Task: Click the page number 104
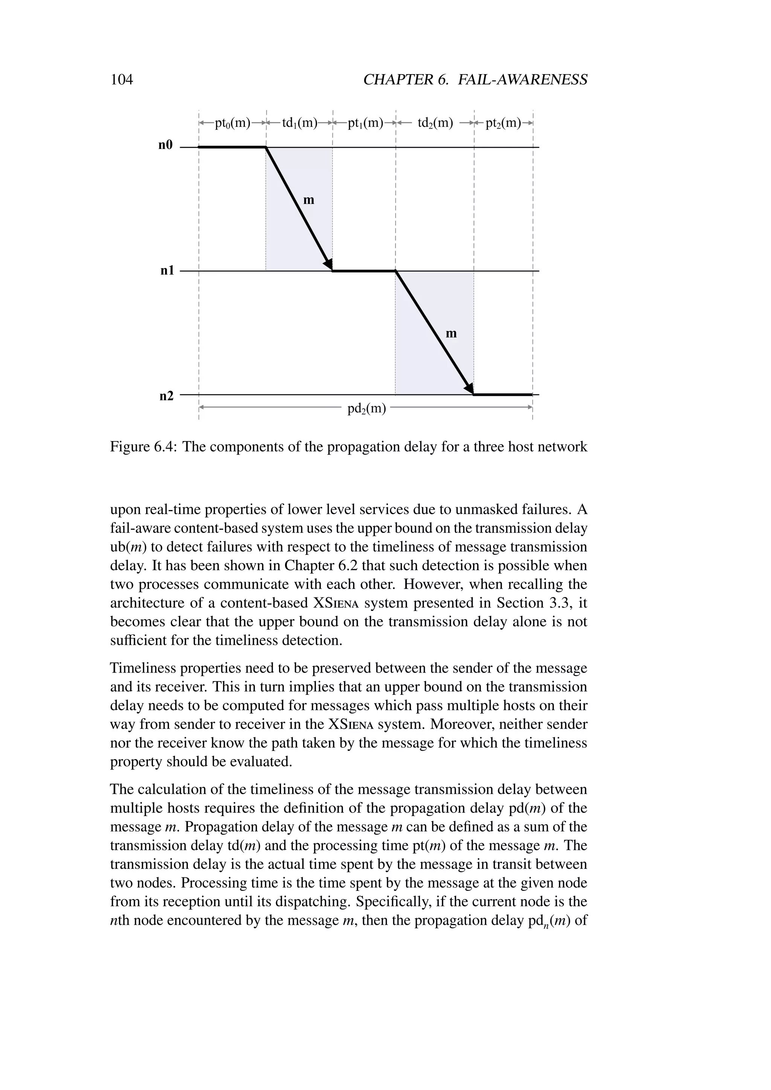coord(122,79)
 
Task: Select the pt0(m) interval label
coord(232,123)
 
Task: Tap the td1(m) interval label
coord(300,123)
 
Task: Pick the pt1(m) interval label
coord(365,123)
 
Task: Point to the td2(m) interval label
coord(435,123)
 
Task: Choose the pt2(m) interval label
coord(503,123)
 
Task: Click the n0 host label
coord(166,145)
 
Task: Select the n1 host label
coord(167,271)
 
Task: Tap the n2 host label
coord(166,396)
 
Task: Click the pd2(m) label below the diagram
coord(367,408)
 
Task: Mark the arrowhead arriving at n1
coord(328,263)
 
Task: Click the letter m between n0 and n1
coord(309,200)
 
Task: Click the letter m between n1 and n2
coord(451,334)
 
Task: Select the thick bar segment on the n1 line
coord(364,271)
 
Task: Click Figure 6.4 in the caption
coord(142,447)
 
